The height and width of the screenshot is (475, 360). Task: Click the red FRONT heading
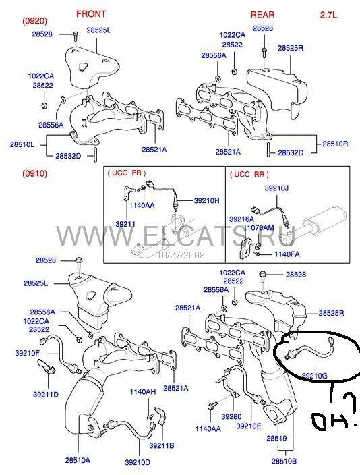(x=91, y=14)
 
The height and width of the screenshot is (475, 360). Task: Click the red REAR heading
(x=262, y=15)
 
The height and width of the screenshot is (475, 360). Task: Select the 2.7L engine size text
(x=328, y=15)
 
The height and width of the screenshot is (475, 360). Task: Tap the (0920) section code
(x=35, y=21)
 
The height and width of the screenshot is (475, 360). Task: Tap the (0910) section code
(x=35, y=173)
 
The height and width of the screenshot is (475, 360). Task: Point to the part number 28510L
(x=22, y=144)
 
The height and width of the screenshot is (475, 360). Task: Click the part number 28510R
(x=335, y=144)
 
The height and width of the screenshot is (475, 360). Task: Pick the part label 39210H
(x=207, y=200)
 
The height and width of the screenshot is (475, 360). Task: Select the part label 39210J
(x=276, y=188)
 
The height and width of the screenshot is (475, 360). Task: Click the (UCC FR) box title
(x=127, y=173)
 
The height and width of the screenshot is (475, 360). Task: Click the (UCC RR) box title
(x=249, y=174)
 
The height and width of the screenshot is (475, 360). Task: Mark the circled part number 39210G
(x=315, y=376)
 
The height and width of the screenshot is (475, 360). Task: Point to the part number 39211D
(x=46, y=395)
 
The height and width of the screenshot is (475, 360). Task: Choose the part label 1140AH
(x=143, y=392)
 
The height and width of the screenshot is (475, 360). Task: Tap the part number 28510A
(x=78, y=460)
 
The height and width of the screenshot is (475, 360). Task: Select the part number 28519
(x=276, y=438)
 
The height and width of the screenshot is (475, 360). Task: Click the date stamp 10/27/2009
(x=181, y=255)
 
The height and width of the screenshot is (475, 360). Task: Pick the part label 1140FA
(x=287, y=254)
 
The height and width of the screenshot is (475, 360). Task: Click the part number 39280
(x=231, y=417)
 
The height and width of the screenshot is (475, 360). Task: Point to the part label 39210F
(x=27, y=353)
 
